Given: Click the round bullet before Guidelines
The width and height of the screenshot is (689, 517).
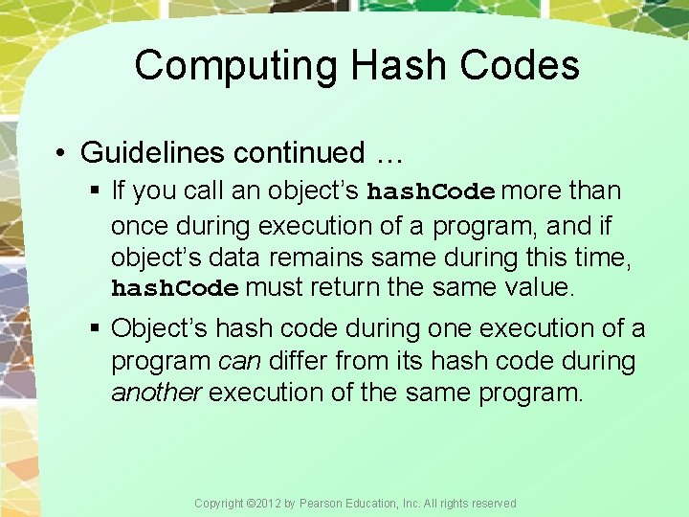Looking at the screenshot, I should pyautogui.click(x=60, y=153).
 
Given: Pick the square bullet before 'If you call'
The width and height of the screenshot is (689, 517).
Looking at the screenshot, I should pyautogui.click(x=96, y=191).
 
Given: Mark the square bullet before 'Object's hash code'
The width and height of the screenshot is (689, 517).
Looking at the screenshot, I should pyautogui.click(x=96, y=329).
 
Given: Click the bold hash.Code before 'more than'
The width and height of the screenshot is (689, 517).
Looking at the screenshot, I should pyautogui.click(x=431, y=191).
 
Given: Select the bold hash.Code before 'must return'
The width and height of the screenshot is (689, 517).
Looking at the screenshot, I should pyautogui.click(x=174, y=288).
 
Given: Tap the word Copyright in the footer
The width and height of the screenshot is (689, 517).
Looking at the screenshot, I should pyautogui.click(x=218, y=504).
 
